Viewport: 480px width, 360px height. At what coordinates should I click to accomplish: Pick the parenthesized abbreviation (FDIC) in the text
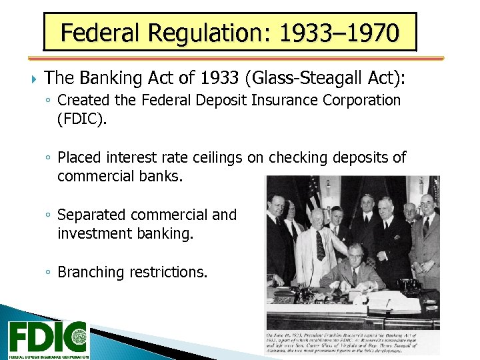point(81,119)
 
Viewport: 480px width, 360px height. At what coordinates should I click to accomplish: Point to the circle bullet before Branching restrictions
point(49,273)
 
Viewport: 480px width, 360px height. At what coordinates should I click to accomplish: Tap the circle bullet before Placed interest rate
point(49,158)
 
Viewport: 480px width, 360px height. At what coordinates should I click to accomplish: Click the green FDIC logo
point(47,339)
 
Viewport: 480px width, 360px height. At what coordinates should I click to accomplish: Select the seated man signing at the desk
point(353,274)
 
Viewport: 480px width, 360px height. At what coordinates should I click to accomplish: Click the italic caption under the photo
point(353,343)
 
